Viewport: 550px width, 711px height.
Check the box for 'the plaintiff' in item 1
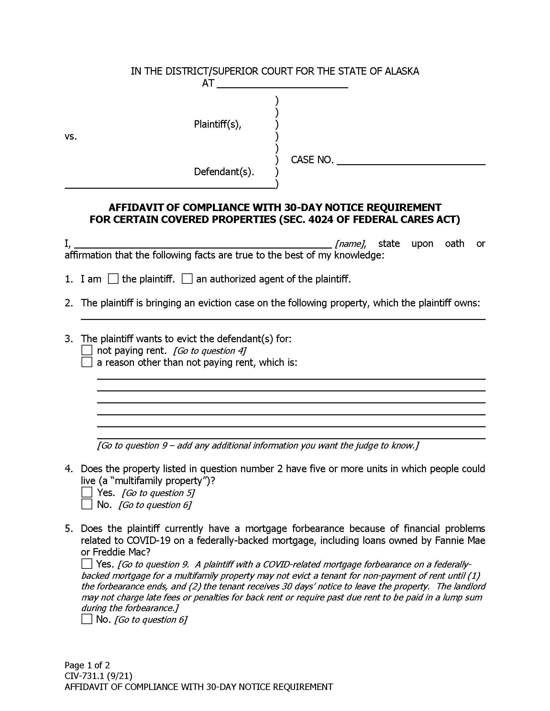113,279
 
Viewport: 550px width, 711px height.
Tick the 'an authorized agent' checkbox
187,279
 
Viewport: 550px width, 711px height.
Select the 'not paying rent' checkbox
87,350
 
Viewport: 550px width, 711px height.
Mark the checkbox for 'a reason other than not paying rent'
87,362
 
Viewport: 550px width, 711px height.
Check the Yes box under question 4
87,493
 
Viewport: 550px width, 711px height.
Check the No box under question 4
87,504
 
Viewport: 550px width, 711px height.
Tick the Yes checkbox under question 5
87,564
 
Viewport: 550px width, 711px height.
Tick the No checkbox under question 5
87,619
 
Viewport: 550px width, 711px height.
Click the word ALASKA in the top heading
402,71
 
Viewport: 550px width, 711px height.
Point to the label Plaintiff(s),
218,124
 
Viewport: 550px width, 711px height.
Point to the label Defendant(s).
224,172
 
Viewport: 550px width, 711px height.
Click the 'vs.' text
71,137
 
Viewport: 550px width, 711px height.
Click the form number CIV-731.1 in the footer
84,676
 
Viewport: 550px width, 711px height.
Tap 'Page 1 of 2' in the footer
87,665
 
